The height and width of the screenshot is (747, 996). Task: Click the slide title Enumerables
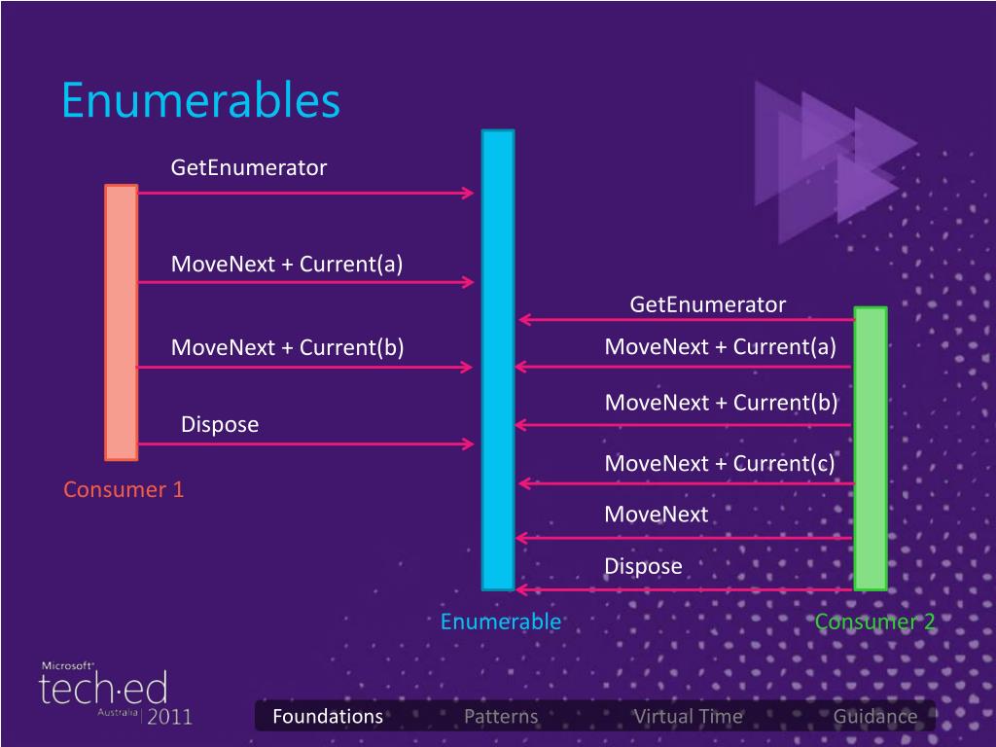tap(200, 100)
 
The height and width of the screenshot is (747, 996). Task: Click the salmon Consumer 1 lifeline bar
tap(122, 321)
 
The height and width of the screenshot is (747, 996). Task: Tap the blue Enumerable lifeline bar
tap(498, 360)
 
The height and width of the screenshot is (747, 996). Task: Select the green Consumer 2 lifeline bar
tap(871, 447)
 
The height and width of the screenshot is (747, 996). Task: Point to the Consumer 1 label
tap(124, 489)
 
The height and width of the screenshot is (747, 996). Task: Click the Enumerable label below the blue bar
tap(500, 622)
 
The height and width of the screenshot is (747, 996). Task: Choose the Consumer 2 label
tap(874, 622)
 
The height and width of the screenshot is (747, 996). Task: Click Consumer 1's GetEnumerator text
tap(249, 167)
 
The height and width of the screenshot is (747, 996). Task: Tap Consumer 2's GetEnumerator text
tap(707, 304)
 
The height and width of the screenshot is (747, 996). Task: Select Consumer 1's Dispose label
tap(220, 424)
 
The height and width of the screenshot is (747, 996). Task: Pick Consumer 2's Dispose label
tap(643, 566)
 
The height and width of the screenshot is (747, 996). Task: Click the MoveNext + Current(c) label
tap(720, 463)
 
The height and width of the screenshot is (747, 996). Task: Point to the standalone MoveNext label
tap(656, 514)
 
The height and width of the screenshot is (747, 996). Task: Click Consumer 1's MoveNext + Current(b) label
tap(287, 347)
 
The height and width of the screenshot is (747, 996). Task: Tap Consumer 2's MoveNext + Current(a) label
tap(720, 346)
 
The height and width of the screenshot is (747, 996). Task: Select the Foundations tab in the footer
tap(328, 717)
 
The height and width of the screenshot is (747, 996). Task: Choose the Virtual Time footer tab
tap(688, 717)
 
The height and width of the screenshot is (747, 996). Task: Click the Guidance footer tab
tap(874, 717)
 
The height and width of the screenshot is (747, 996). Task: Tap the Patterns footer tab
tap(501, 717)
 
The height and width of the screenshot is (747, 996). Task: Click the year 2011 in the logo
tap(169, 717)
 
